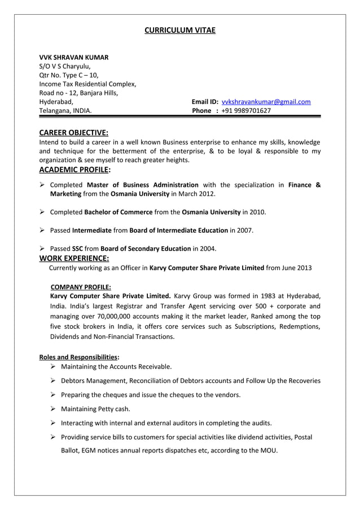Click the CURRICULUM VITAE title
click(x=180, y=30)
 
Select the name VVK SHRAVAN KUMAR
click(x=74, y=58)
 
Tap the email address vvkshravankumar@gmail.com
click(x=266, y=102)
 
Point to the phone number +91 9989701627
click(x=246, y=111)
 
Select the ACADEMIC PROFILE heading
click(x=74, y=169)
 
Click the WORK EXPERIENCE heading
click(x=73, y=258)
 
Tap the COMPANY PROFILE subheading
click(x=81, y=286)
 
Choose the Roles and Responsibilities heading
click(x=78, y=357)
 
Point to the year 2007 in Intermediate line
click(x=244, y=230)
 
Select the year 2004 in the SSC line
click(x=207, y=249)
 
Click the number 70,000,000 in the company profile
click(x=100, y=316)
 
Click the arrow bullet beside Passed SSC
click(x=42, y=249)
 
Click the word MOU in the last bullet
click(x=269, y=450)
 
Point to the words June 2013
click(x=296, y=268)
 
